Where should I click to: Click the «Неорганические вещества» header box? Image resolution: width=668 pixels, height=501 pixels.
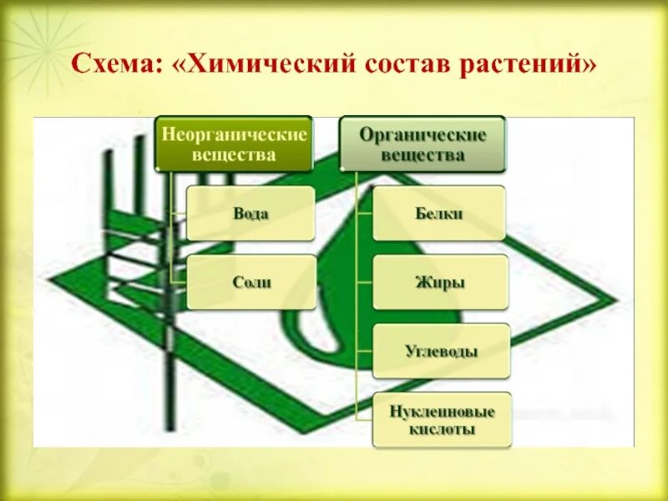click(235, 144)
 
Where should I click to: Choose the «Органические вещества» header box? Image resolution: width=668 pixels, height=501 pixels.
click(422, 144)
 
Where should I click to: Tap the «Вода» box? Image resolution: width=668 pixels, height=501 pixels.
click(250, 214)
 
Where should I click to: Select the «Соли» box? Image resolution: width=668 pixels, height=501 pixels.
click(251, 282)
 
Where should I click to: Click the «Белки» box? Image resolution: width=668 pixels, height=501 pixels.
click(438, 214)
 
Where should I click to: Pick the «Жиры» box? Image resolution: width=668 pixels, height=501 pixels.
click(439, 282)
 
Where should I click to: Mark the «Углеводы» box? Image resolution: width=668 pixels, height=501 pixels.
click(440, 351)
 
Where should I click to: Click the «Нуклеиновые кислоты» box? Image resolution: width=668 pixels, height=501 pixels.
click(442, 420)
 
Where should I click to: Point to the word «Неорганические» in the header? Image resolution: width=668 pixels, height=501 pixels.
click(235, 134)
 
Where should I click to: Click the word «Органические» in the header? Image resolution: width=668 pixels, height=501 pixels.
click(422, 134)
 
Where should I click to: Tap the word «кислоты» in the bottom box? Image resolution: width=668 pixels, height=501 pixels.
click(443, 430)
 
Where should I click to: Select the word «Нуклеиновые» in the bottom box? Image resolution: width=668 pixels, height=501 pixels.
click(443, 412)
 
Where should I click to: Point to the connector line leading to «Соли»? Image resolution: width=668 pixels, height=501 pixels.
click(178, 281)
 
